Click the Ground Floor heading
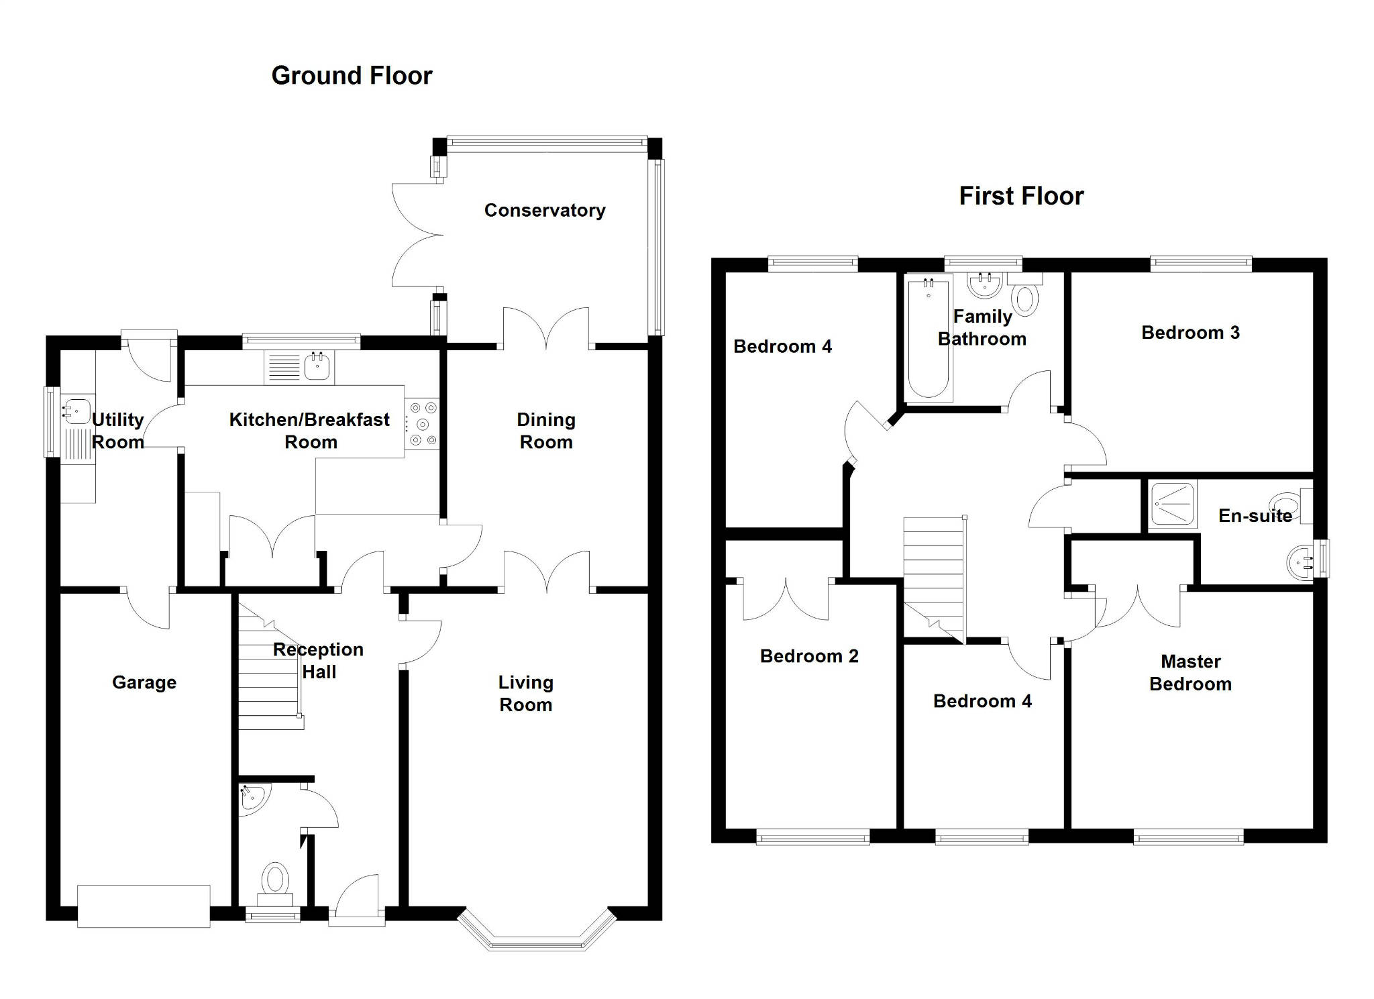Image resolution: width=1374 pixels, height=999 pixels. (x=352, y=76)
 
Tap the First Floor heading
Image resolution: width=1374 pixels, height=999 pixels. (x=1021, y=197)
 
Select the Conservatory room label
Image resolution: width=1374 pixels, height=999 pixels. (x=545, y=211)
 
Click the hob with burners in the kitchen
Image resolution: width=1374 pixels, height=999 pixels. (x=423, y=424)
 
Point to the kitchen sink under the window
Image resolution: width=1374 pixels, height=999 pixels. (x=317, y=367)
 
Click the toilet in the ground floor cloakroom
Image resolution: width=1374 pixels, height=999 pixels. (x=275, y=880)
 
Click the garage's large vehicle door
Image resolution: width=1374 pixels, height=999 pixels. (x=144, y=906)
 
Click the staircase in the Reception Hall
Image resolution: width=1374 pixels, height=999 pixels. (x=268, y=678)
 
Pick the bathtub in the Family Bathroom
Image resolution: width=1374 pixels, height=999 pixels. (x=928, y=339)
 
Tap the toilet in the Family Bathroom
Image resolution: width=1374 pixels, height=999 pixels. (x=1025, y=299)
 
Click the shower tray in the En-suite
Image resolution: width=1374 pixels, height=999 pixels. (x=1173, y=505)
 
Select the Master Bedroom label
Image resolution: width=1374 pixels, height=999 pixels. (x=1190, y=673)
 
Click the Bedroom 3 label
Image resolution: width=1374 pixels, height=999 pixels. (x=1190, y=333)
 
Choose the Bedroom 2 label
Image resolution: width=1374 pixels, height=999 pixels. (x=809, y=656)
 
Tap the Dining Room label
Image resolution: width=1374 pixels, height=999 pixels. (x=546, y=431)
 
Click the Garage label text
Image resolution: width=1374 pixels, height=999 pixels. (x=144, y=682)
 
